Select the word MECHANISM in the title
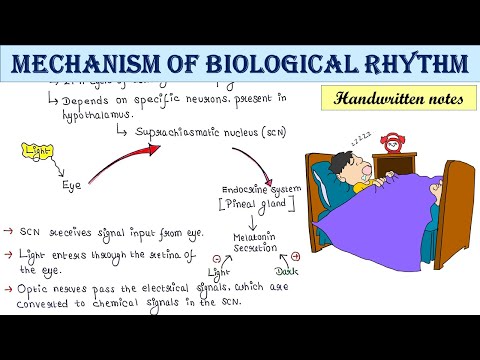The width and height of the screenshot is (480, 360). tap(84, 66)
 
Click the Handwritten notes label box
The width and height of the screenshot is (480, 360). tap(395, 99)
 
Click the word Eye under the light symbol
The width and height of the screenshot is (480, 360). tap(71, 185)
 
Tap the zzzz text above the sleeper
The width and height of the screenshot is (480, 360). tap(362, 133)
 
